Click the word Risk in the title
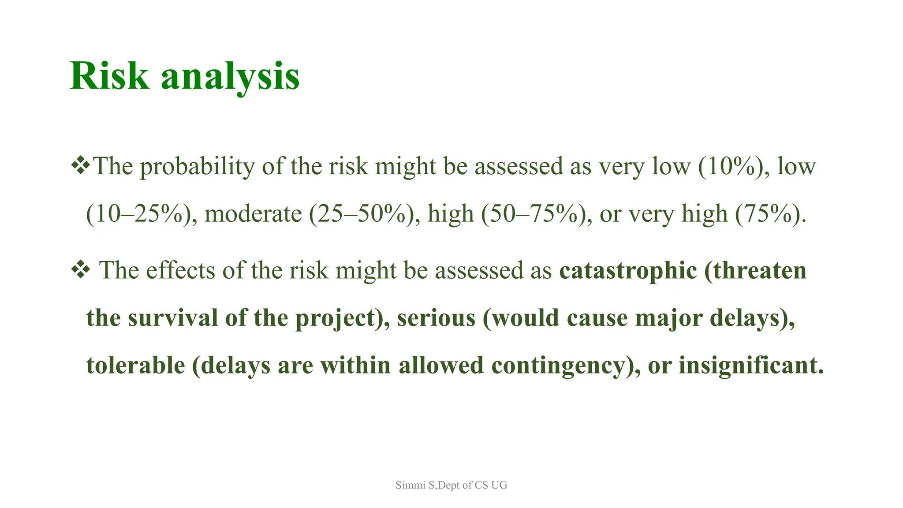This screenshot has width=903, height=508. click(109, 76)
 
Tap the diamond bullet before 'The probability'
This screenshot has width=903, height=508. click(80, 166)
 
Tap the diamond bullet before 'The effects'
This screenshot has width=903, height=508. click(80, 270)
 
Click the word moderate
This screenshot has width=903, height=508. click(253, 214)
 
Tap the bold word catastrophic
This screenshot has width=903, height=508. click(628, 271)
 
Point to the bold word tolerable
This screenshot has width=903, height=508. click(135, 366)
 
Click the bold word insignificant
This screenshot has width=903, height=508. click(751, 366)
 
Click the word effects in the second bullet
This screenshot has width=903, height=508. click(180, 271)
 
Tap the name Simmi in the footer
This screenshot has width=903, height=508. click(410, 485)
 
